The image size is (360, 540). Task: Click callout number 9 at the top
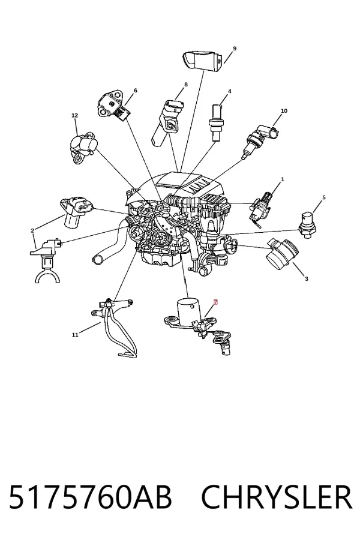point(235,48)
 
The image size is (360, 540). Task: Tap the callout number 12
point(75,115)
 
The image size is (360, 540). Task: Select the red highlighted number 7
point(215,302)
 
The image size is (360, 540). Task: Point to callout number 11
point(75,334)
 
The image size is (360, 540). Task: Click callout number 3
point(307,278)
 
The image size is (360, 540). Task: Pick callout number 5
point(324,197)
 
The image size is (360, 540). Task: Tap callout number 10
point(284,111)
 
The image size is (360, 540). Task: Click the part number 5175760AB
point(90,497)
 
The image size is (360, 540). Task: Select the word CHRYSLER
point(277,497)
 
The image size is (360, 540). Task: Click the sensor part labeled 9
point(203,61)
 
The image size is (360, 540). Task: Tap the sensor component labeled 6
point(113,105)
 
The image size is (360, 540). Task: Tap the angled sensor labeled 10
point(261,141)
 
